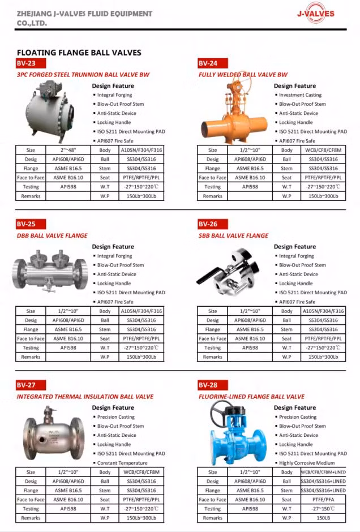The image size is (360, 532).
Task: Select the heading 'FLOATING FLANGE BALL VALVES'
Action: (79, 53)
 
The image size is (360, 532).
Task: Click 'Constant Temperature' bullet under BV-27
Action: (122, 462)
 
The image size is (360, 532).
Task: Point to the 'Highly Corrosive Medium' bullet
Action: (306, 462)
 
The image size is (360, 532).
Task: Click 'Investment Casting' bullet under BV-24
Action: (300, 95)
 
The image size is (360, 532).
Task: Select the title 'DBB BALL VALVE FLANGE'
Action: (52, 235)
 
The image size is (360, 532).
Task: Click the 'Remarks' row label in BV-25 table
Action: (31, 357)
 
